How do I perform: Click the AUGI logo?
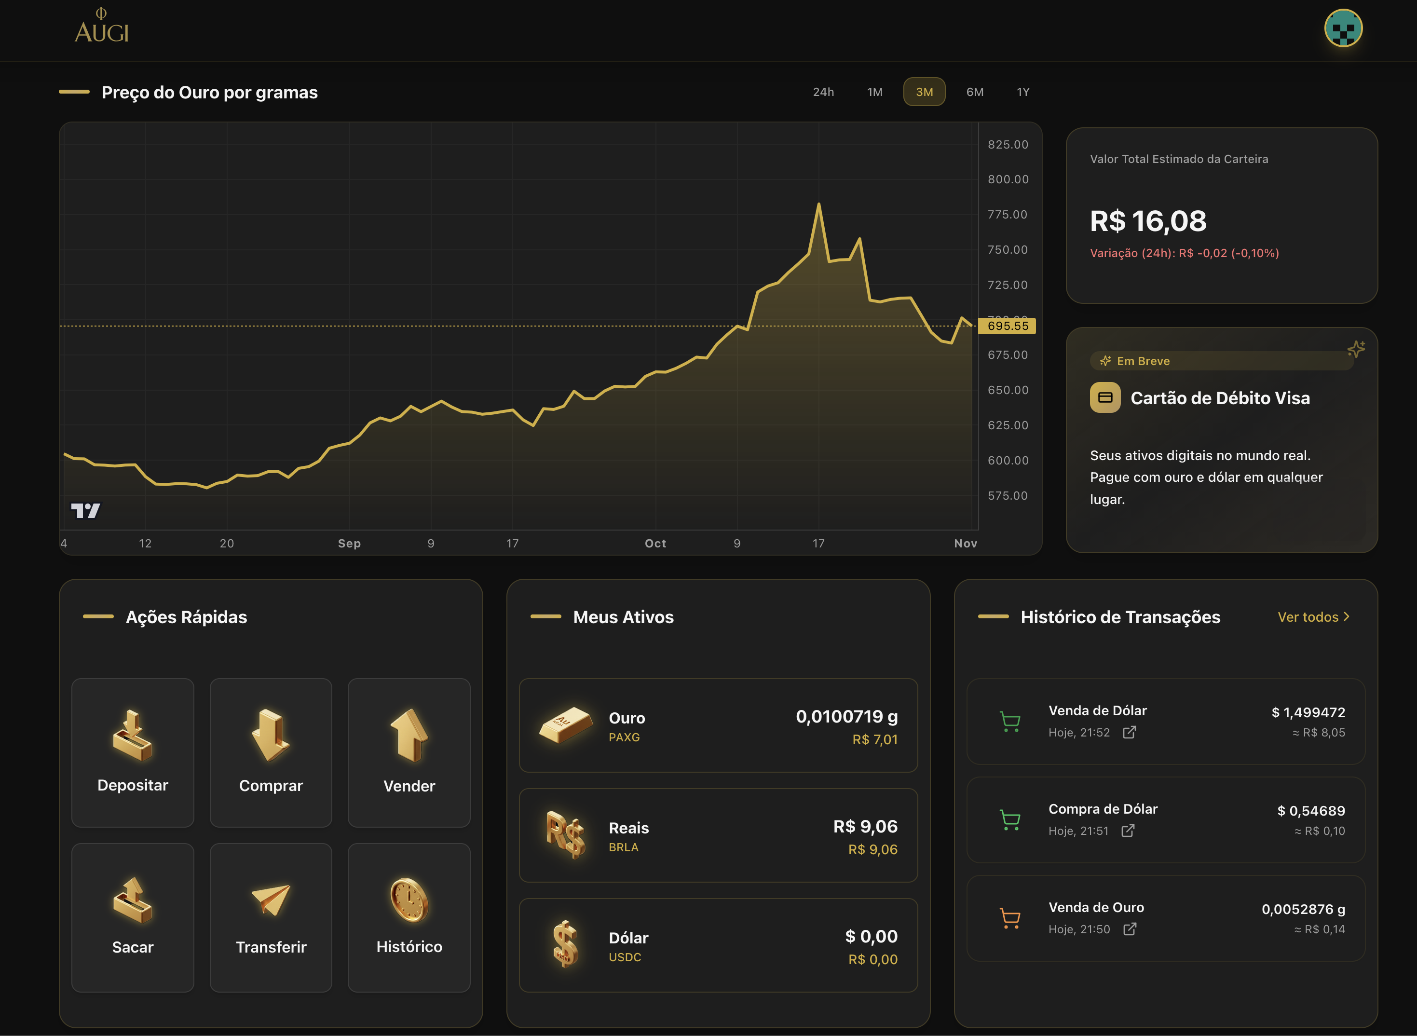(x=102, y=27)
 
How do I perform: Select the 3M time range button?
(x=924, y=92)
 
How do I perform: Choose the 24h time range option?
(x=823, y=92)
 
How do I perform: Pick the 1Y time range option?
(x=1022, y=92)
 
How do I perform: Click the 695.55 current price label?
(x=1007, y=326)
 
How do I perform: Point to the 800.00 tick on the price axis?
(x=1008, y=179)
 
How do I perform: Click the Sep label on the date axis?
(x=349, y=543)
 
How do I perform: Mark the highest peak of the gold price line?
(x=818, y=204)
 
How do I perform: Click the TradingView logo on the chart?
(x=85, y=510)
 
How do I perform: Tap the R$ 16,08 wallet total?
(x=1147, y=221)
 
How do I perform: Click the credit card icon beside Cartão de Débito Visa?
(x=1105, y=397)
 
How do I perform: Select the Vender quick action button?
(x=409, y=752)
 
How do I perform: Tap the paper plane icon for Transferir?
(x=271, y=900)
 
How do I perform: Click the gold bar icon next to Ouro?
(x=566, y=724)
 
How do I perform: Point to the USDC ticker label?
(x=625, y=957)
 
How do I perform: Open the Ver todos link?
(x=1313, y=617)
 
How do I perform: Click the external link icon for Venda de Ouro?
(x=1129, y=929)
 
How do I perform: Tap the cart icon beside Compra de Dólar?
(x=1009, y=819)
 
